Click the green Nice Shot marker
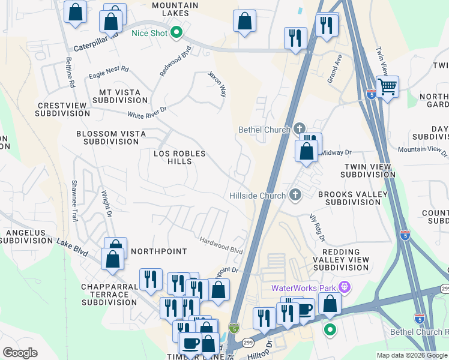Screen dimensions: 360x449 (x=176, y=33)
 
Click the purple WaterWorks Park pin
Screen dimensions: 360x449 (x=344, y=288)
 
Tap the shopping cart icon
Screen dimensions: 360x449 (x=388, y=86)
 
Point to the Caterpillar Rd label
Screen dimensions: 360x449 (x=95, y=46)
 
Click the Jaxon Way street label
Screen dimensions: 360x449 (x=217, y=85)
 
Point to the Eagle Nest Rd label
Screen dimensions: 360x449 (x=109, y=73)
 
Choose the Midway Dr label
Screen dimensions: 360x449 (x=336, y=153)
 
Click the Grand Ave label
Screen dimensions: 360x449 (x=334, y=67)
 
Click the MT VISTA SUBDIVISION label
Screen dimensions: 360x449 (x=120, y=97)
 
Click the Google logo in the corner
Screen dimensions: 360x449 (x=20, y=352)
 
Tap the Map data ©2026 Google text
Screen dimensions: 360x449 (x=412, y=355)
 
